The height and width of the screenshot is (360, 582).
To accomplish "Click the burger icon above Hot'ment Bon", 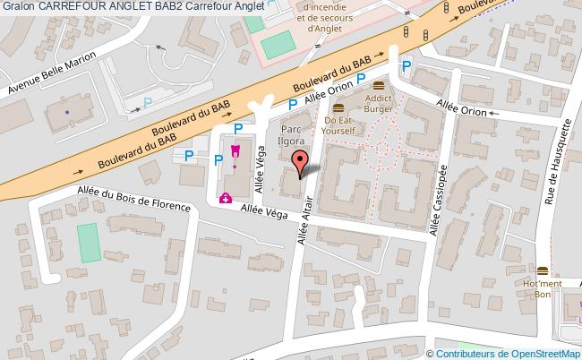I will [542, 270].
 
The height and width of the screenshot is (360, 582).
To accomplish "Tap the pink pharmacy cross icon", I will [226, 198].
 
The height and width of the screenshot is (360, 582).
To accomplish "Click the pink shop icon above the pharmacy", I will [235, 150].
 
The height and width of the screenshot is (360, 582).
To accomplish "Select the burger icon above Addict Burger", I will [379, 85].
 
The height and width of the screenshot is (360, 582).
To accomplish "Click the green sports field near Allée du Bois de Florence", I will [88, 243].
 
